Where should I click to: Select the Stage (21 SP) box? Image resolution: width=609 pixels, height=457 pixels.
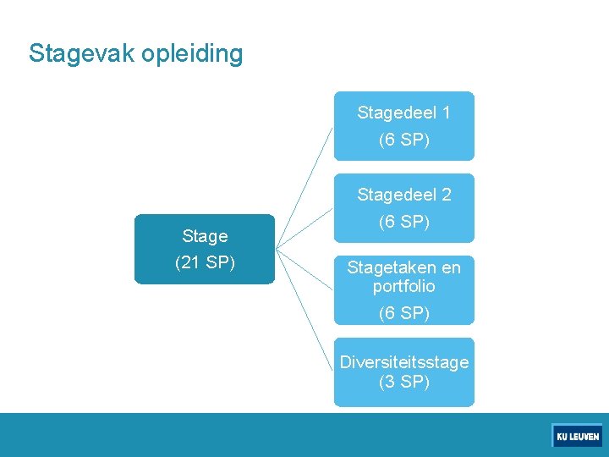205,249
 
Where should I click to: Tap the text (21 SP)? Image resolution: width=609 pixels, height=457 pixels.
205,262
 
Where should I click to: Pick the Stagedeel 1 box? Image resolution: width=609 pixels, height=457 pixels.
403,126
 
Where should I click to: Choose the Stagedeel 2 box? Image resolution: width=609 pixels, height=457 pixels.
403,208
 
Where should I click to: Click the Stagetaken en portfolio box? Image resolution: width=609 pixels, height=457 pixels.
403,290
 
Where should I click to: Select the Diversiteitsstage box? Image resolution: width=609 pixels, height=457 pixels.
403,372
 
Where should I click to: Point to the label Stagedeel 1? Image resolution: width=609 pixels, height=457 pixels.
403,113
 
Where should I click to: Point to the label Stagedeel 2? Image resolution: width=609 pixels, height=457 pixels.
403,195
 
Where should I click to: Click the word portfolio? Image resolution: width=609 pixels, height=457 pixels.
403,286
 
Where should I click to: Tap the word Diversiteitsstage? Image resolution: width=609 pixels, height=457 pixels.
403,362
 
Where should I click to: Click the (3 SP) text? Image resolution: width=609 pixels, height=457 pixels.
403,382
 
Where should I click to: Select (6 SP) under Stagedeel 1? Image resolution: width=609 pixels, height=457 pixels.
403,140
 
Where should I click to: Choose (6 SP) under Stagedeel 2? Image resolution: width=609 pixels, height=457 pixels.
403,222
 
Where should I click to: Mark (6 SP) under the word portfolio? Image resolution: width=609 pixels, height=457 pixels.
403,313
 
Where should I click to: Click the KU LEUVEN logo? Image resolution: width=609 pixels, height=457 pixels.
577,436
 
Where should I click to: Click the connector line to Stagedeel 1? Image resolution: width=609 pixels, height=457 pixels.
305,187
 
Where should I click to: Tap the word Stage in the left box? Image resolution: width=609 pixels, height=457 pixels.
205,236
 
